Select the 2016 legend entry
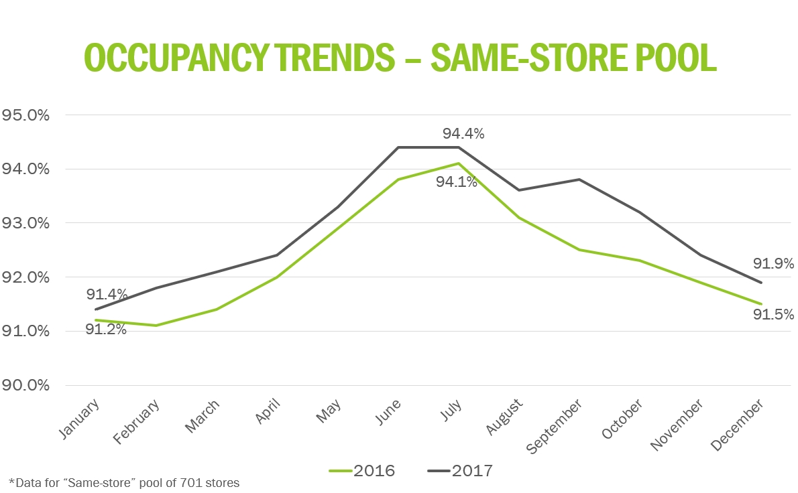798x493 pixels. click(362, 471)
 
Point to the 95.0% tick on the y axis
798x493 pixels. click(27, 115)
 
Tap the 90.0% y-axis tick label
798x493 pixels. click(27, 386)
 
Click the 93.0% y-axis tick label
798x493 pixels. click(27, 223)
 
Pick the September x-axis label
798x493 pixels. click(556, 426)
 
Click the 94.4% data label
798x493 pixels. click(463, 134)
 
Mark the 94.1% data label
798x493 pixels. click(456, 182)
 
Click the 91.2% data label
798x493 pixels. click(106, 330)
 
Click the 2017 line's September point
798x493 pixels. click(579, 180)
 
